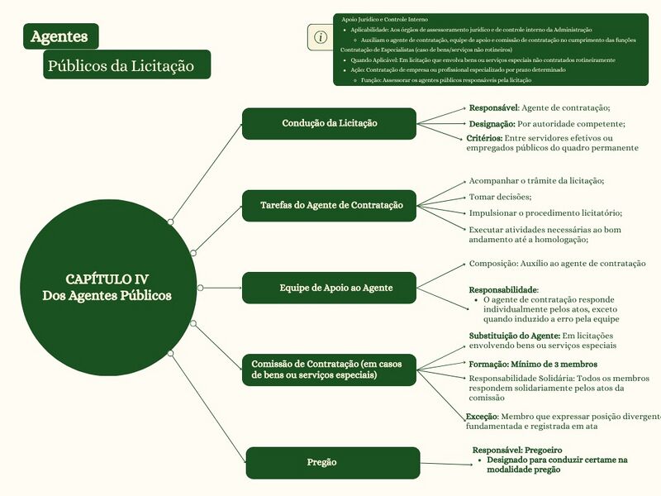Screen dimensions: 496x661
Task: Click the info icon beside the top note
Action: click(x=321, y=37)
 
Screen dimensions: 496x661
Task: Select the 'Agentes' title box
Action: click(x=61, y=36)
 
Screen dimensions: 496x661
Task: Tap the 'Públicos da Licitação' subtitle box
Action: click(x=126, y=65)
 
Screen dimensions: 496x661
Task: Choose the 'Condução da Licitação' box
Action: click(x=329, y=123)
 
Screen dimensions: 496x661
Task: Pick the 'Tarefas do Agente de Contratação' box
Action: click(x=329, y=205)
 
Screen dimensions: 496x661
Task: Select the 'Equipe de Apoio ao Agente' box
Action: click(x=329, y=288)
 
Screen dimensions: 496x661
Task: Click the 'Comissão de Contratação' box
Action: click(x=329, y=370)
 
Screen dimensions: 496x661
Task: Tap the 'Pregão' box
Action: click(x=332, y=462)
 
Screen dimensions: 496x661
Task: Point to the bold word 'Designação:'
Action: click(x=492, y=124)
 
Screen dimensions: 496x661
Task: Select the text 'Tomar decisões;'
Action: click(x=500, y=197)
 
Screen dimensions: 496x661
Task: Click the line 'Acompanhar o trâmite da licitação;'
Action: click(x=536, y=181)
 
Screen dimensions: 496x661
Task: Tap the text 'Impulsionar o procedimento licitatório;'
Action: click(x=545, y=212)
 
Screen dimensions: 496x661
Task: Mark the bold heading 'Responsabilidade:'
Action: click(x=504, y=290)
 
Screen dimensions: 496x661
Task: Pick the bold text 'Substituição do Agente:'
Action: click(x=514, y=336)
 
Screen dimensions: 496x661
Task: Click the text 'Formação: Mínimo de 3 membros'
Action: click(x=533, y=364)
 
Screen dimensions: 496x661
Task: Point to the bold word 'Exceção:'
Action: click(x=483, y=417)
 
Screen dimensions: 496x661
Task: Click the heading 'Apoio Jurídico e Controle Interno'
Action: click(x=384, y=19)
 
